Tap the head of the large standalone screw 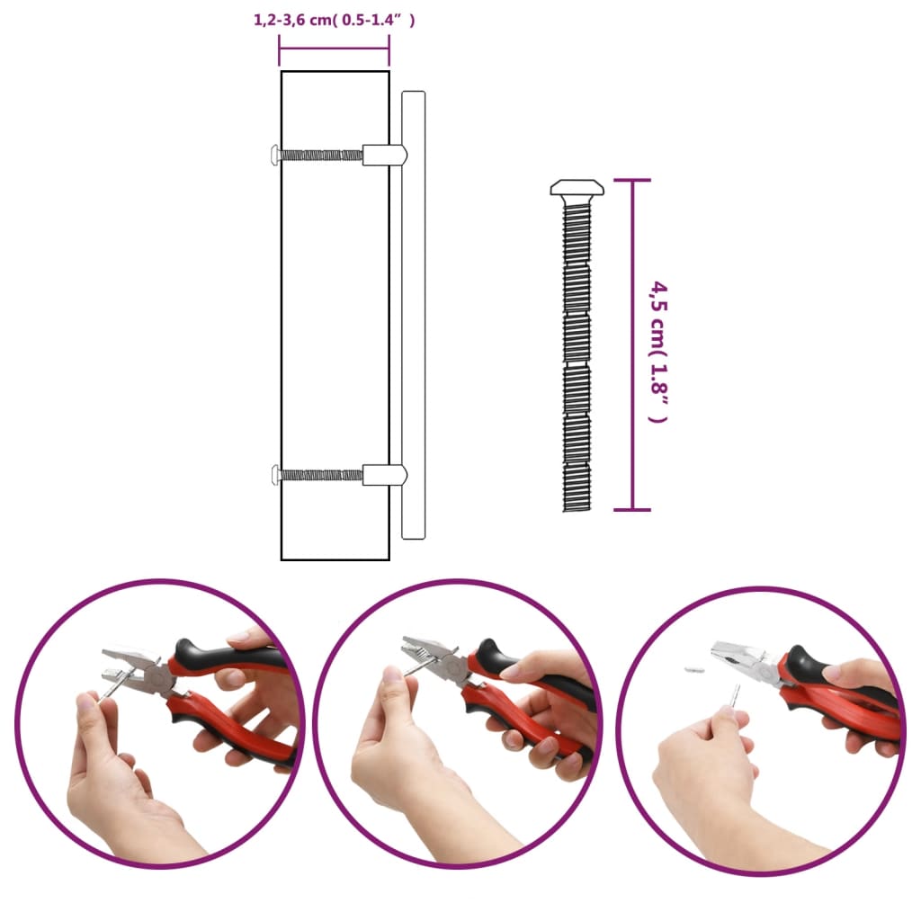(577, 187)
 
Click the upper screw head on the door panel (275, 155)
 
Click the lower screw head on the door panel (275, 474)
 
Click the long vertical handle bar (413, 315)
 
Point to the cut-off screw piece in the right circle (694, 670)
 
